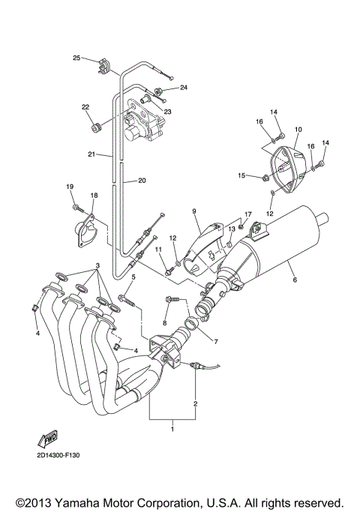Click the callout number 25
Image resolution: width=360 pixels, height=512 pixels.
point(76,58)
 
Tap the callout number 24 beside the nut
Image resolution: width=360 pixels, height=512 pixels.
point(183,88)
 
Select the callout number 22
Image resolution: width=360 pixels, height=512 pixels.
point(85,106)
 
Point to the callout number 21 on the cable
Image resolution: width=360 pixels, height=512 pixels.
point(91,154)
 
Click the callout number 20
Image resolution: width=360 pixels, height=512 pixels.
point(141,181)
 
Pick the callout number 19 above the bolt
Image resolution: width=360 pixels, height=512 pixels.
point(70,187)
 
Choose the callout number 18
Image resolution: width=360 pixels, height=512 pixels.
point(94,196)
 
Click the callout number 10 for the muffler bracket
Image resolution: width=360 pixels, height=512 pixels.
point(298,130)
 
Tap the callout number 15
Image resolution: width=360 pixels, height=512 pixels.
point(242,175)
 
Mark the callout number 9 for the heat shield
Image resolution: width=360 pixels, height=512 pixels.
point(193,212)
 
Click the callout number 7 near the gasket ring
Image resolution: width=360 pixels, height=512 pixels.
point(217,342)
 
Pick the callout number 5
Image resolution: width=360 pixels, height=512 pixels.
point(133,277)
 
